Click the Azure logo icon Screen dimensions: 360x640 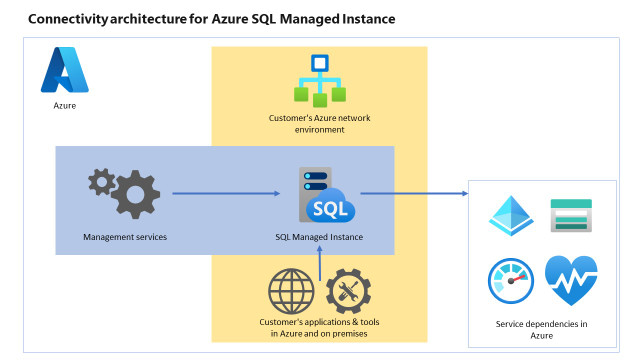tap(64, 71)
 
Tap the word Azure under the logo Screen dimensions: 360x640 tap(64, 103)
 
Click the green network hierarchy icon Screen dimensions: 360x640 tap(319, 81)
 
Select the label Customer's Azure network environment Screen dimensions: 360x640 tap(320, 123)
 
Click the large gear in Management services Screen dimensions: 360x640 tap(135, 193)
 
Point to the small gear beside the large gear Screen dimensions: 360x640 tap(101, 182)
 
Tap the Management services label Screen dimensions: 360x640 tap(125, 237)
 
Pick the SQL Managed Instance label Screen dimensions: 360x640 tap(319, 237)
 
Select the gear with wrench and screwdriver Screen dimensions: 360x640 tap(349, 292)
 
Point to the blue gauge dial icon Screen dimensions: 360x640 tap(511, 281)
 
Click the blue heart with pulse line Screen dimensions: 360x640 tap(571, 280)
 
